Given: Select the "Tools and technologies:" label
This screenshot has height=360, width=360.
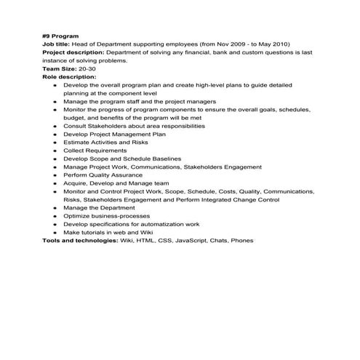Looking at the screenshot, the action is tap(80, 240).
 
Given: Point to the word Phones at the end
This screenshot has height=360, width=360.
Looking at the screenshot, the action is tap(242, 240).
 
